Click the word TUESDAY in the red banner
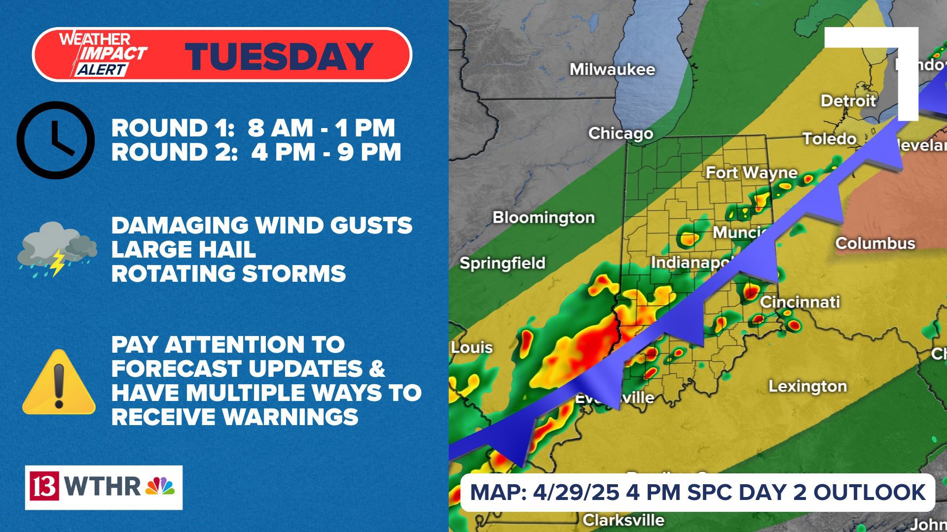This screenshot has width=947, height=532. (x=279, y=56)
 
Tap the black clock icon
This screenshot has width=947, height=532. (x=56, y=140)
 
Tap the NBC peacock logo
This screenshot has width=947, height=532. (x=160, y=487)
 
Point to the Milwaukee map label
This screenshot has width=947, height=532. (x=612, y=69)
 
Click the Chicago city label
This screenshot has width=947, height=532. (x=620, y=133)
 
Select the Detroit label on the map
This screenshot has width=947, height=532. (x=848, y=101)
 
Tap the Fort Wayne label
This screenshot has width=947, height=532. (x=751, y=173)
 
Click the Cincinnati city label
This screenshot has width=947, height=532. (x=799, y=302)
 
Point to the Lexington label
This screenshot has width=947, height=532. (x=807, y=386)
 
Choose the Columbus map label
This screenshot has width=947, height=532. (x=874, y=243)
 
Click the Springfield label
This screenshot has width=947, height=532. (x=502, y=263)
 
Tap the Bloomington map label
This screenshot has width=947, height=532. (x=543, y=217)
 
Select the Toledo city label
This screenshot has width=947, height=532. (x=829, y=139)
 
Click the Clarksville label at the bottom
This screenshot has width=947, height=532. (x=623, y=520)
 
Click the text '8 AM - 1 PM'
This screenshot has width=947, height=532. (x=321, y=128)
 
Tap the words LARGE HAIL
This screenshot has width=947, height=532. (x=183, y=249)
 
